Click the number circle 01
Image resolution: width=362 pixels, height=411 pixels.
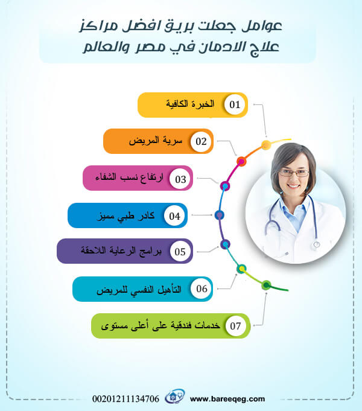235,105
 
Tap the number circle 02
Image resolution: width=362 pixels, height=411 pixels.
201,142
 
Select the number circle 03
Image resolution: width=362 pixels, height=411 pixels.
180,179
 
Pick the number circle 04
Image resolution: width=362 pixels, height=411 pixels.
175,215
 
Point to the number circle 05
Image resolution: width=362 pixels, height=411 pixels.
180,252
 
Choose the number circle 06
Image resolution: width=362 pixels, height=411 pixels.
202,289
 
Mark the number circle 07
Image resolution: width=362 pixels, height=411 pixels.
235,326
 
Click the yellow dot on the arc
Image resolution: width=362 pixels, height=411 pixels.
266,145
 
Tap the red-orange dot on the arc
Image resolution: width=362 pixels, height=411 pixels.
241,161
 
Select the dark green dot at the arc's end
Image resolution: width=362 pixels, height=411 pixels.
266,285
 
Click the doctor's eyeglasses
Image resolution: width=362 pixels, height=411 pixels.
294,173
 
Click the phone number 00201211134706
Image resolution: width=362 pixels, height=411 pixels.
126,398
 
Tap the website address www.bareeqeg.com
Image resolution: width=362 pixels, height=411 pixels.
227,398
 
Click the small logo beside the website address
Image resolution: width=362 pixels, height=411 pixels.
175,398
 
